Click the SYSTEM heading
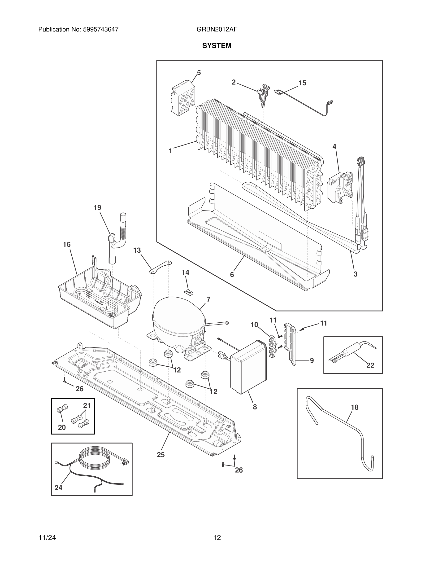coord(217,46)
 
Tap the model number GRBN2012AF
coord(217,29)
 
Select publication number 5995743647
coord(100,29)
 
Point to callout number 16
coord(67,245)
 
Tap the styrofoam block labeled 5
coord(183,96)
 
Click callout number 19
coord(97,208)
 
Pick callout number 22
coord(370,365)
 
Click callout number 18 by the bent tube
coord(355,407)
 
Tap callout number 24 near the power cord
coord(58,488)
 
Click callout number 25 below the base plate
coord(161,455)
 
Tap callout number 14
coord(185,272)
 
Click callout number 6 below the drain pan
coord(232,275)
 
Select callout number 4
coord(334,147)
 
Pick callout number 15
coord(302,83)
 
